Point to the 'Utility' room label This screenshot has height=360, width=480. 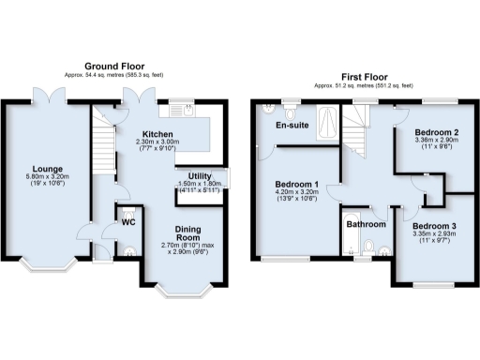200,175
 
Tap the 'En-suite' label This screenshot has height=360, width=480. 292,126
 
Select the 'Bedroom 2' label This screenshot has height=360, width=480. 436,133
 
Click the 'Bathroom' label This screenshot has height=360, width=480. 365,225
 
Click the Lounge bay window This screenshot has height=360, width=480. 47,265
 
